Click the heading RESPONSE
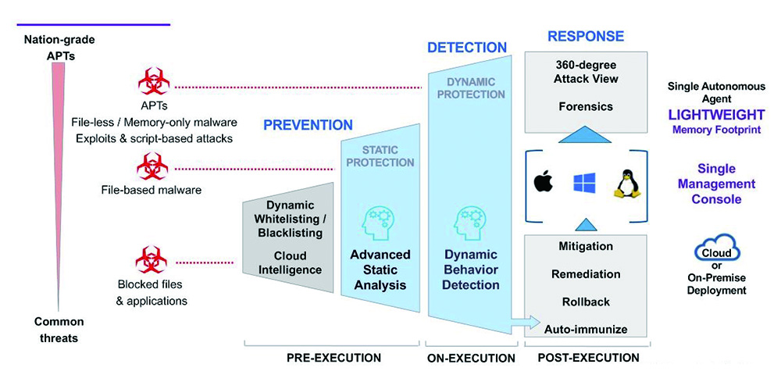click(x=586, y=37)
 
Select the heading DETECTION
click(x=467, y=48)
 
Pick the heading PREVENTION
click(x=308, y=125)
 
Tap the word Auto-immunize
click(x=586, y=329)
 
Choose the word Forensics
click(x=586, y=106)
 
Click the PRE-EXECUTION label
click(x=334, y=358)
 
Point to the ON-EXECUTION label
click(x=472, y=358)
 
